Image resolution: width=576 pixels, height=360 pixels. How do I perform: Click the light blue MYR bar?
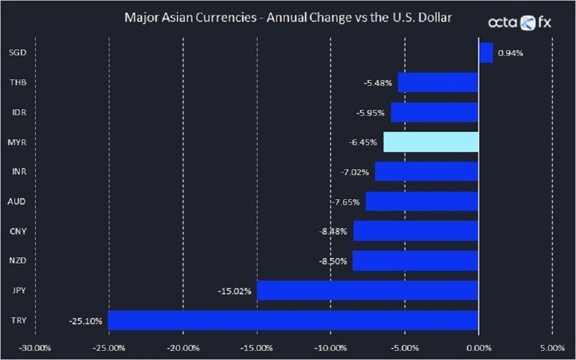(x=431, y=142)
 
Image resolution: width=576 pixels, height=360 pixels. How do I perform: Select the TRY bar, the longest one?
(x=293, y=320)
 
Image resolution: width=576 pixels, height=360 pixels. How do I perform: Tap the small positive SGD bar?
(x=486, y=53)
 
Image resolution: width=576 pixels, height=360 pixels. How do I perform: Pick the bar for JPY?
(x=367, y=290)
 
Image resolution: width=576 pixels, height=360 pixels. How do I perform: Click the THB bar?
(x=438, y=82)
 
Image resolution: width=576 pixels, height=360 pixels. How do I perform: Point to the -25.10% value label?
(x=85, y=321)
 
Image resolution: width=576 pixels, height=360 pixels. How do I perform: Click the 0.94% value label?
(x=510, y=53)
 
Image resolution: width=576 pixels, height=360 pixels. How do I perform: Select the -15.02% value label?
(x=234, y=291)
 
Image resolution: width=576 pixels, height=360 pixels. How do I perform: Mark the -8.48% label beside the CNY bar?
(x=333, y=232)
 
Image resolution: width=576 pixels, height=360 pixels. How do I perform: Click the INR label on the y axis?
(x=18, y=172)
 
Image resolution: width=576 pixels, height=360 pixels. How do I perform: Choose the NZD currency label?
(x=18, y=261)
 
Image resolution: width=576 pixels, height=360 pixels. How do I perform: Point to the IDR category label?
(x=18, y=112)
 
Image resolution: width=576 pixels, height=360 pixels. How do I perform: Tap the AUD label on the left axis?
(x=18, y=202)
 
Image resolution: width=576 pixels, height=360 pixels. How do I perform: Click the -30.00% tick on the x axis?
(x=36, y=348)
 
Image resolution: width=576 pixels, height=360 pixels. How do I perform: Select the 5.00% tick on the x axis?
(x=552, y=348)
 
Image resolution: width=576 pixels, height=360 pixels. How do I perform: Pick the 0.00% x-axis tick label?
(x=478, y=348)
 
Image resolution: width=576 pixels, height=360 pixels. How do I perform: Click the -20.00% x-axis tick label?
(x=183, y=348)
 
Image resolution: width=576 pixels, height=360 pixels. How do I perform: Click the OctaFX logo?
(x=520, y=22)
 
